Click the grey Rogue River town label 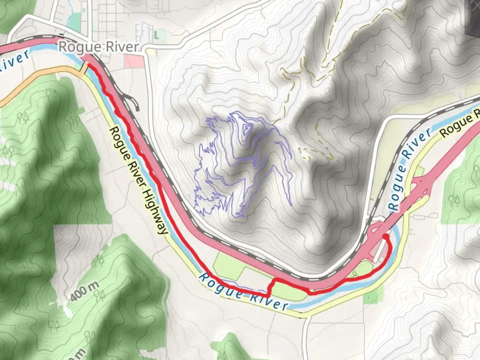pyautogui.click(x=99, y=47)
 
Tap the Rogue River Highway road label pyautogui.click(x=138, y=180)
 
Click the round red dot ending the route pyautogui.click(x=385, y=237)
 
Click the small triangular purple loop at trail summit pyautogui.click(x=246, y=128)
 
